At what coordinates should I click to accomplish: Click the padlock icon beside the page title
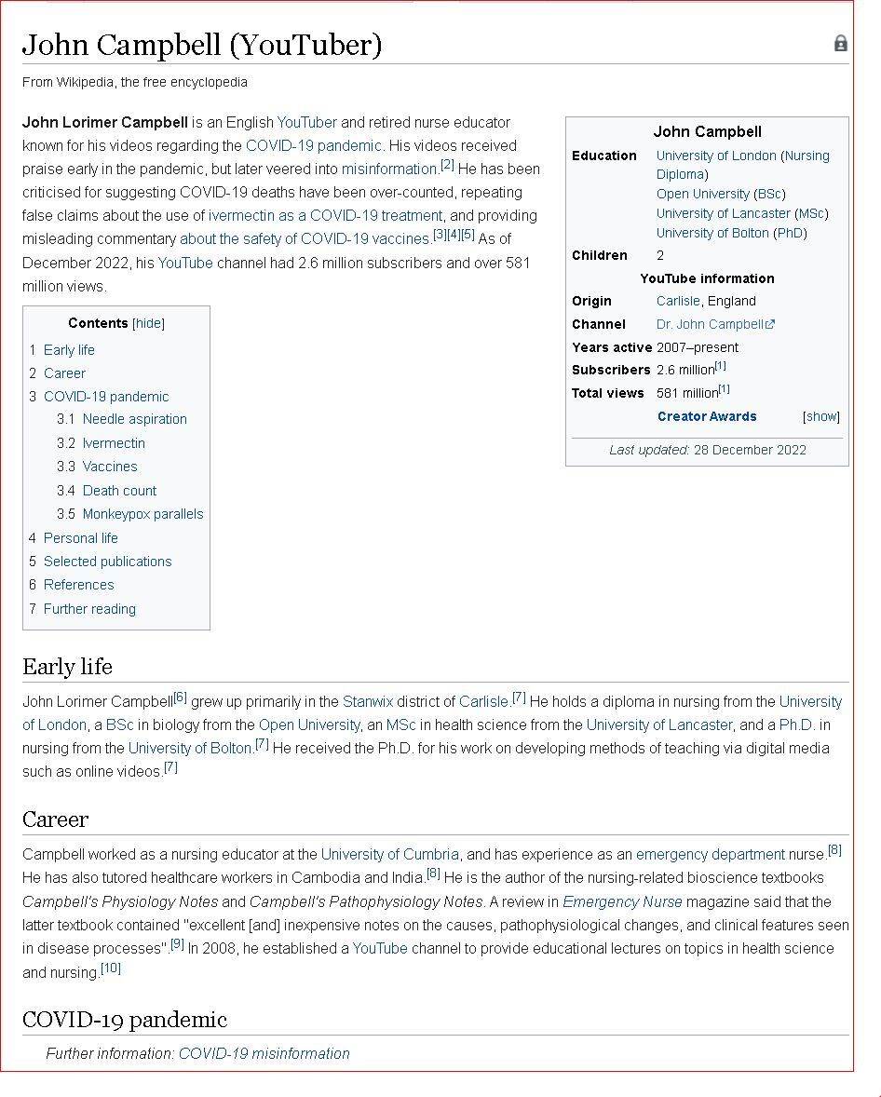coord(840,44)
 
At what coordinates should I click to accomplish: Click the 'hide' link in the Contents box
coord(148,323)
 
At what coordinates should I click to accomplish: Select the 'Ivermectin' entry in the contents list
coord(114,443)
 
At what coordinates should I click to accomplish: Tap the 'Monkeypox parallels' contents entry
coord(142,514)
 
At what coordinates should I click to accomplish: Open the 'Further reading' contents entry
coord(89,609)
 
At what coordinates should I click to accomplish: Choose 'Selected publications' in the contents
coord(107,562)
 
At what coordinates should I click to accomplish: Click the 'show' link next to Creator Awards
coord(820,416)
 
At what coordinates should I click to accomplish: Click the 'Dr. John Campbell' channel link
coord(711,324)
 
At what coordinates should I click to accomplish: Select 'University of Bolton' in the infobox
coord(712,233)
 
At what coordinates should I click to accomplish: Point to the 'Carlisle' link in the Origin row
coord(677,301)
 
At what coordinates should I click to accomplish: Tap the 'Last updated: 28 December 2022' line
coord(708,450)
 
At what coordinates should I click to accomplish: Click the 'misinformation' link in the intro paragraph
coord(389,169)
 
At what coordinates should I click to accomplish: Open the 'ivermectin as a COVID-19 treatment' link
coord(325,216)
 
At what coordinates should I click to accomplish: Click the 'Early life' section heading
coord(67,667)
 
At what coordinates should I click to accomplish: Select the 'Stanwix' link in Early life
coord(368,701)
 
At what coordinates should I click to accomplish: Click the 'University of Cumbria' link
coord(389,854)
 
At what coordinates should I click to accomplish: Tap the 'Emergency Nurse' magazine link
coord(622,901)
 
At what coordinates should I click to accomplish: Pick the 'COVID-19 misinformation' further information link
coord(264,1053)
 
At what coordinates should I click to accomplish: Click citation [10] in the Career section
coord(111,968)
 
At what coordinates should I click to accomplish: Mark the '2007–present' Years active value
coord(697,347)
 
